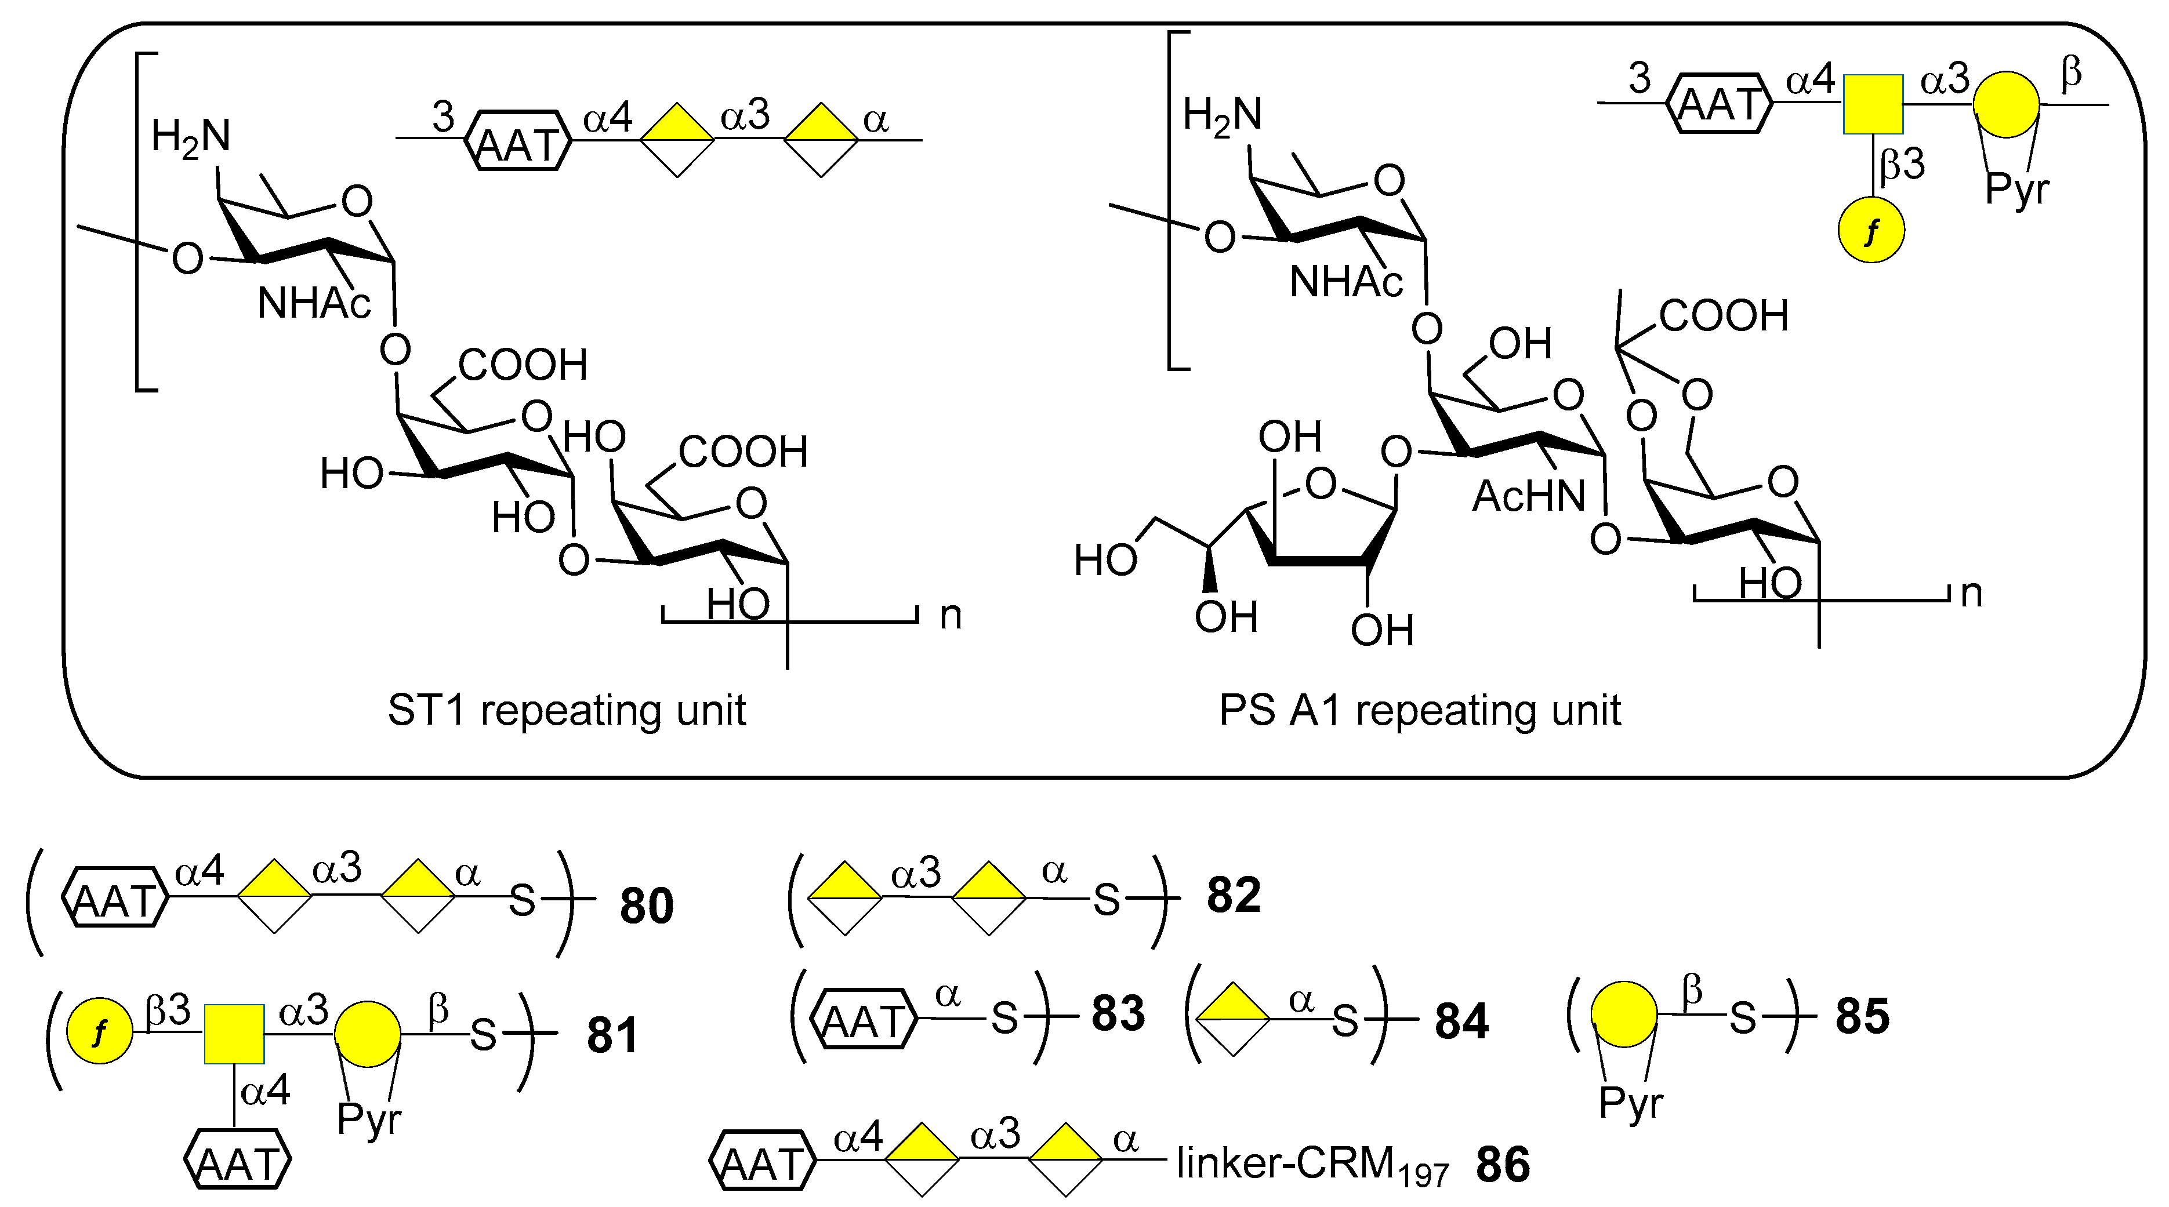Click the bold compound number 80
pyautogui.click(x=647, y=907)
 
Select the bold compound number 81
pyautogui.click(x=612, y=1035)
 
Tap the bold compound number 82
pyautogui.click(x=1234, y=896)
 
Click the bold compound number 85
pyautogui.click(x=1863, y=1017)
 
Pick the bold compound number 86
pyautogui.click(x=1503, y=1166)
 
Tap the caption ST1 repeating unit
pyautogui.click(x=566, y=711)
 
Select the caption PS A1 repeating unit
pyautogui.click(x=1420, y=711)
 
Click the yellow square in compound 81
pyautogui.click(x=234, y=1034)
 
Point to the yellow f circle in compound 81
pyautogui.click(x=99, y=1032)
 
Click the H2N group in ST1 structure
pyautogui.click(x=190, y=138)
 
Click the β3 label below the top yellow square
pyautogui.click(x=1903, y=165)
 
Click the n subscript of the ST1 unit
pyautogui.click(x=951, y=616)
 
